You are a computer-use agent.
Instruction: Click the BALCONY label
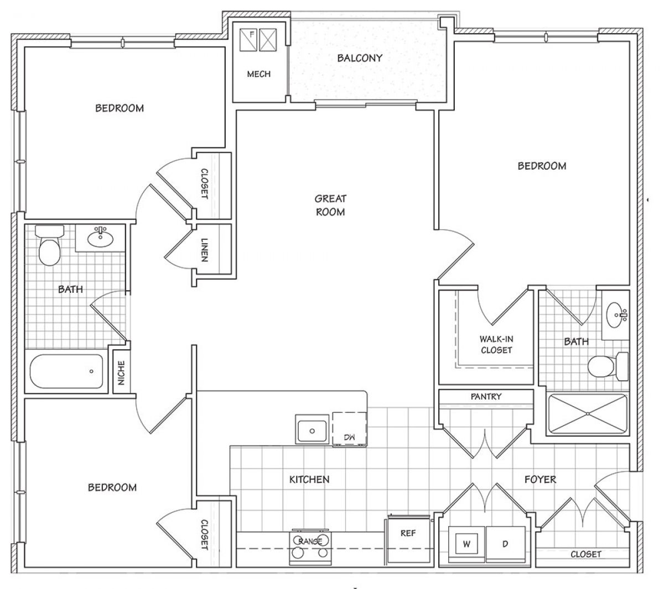point(360,58)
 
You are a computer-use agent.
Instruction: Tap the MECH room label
point(258,74)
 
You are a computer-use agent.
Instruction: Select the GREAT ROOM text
point(330,205)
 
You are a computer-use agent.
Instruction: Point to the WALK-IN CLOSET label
point(496,345)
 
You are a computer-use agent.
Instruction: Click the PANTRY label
point(486,397)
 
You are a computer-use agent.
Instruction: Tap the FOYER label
point(540,480)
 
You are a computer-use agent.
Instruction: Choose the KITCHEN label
point(309,480)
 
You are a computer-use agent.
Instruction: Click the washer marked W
point(466,544)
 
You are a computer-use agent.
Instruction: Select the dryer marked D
point(506,544)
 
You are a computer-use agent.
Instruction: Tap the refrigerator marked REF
point(408,539)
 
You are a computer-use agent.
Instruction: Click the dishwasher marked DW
point(349,429)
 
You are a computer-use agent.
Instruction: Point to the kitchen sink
point(312,429)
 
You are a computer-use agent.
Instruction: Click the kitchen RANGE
point(310,548)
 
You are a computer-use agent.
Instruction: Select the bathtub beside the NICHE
point(66,371)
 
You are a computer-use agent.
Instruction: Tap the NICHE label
point(121,373)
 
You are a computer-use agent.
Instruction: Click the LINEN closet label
point(205,250)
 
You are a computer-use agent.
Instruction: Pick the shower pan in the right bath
point(588,414)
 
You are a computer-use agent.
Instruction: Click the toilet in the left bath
point(50,245)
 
